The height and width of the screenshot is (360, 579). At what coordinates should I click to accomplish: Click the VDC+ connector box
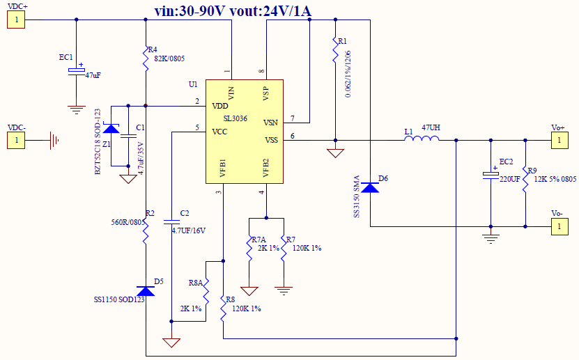pyautogui.click(x=16, y=19)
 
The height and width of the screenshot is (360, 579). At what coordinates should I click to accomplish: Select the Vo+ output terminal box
pyautogui.click(x=557, y=141)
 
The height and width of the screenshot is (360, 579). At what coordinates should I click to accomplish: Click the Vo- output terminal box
pyautogui.click(x=557, y=226)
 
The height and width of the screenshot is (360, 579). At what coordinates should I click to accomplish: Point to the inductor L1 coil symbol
pyautogui.click(x=422, y=139)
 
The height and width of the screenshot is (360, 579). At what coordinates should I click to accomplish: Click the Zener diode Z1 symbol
pyautogui.click(x=111, y=128)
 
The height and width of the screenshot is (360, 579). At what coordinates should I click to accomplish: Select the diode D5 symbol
pyautogui.click(x=146, y=290)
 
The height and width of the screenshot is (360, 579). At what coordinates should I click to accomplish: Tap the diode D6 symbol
pyautogui.click(x=370, y=186)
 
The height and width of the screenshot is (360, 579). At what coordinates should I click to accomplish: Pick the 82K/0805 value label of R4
pyautogui.click(x=168, y=58)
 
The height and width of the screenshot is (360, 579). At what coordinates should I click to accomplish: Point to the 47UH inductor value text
pyautogui.click(x=431, y=128)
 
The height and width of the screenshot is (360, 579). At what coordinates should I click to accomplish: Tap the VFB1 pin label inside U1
pyautogui.click(x=222, y=171)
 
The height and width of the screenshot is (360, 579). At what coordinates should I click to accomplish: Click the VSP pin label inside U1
pyautogui.click(x=266, y=92)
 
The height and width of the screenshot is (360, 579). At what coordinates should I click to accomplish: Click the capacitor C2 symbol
pyautogui.click(x=171, y=221)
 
